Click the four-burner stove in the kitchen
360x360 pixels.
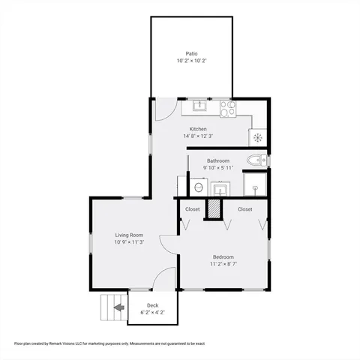click(x=227, y=109)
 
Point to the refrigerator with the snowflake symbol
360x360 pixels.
click(x=258, y=137)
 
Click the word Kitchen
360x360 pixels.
click(x=198, y=129)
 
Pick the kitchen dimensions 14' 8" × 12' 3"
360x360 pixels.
click(x=198, y=136)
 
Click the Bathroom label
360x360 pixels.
click(x=218, y=160)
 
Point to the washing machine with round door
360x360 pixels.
click(x=199, y=187)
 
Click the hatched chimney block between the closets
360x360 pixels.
click(x=215, y=208)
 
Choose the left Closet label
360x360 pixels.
click(x=193, y=209)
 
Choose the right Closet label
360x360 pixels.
click(x=245, y=209)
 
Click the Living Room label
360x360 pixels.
click(x=129, y=235)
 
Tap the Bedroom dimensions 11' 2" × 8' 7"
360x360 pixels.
click(x=223, y=263)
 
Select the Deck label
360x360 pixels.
click(x=152, y=305)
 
